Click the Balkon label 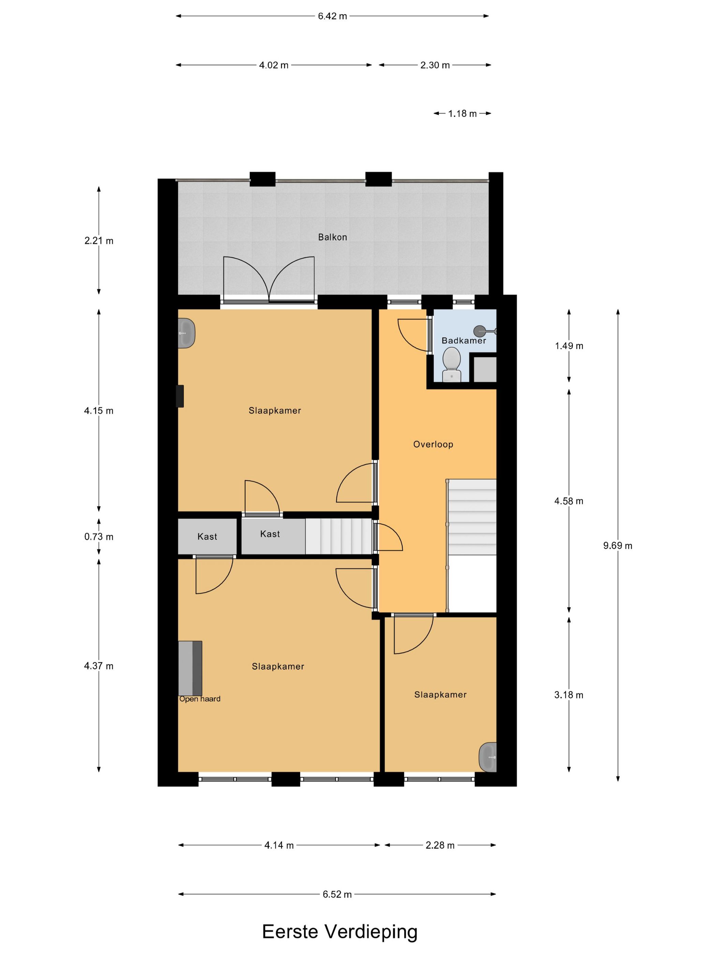[x=332, y=237]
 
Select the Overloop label [x=433, y=444]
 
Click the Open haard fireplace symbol [x=190, y=668]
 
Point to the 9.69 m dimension [x=617, y=545]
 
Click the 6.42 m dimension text [x=332, y=16]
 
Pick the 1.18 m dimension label [x=462, y=114]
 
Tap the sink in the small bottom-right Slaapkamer [x=488, y=757]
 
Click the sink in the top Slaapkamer [x=187, y=333]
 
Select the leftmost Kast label [x=207, y=537]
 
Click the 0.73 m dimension [x=99, y=537]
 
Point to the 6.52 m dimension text [x=337, y=894]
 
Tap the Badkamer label [x=463, y=341]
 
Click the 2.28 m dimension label [x=440, y=845]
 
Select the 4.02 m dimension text [x=274, y=65]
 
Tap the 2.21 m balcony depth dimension [x=99, y=240]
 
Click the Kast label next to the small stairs [x=270, y=534]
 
